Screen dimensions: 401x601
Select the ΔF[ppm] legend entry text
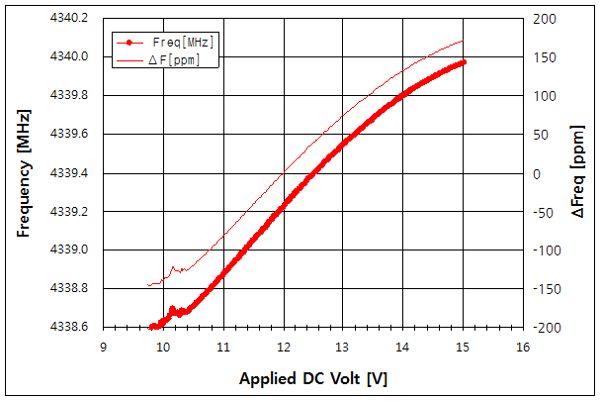181,59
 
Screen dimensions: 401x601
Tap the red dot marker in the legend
129,43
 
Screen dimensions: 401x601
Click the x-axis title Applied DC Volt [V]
312,380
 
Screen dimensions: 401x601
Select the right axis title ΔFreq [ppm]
578,173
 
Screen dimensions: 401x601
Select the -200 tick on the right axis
546,327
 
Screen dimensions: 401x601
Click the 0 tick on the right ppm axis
538,173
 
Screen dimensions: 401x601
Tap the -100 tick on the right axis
546,251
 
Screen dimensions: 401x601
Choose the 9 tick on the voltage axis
103,347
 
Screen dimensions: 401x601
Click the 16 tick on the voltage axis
523,347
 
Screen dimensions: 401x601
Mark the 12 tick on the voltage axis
283,347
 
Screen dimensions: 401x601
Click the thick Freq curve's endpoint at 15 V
463,61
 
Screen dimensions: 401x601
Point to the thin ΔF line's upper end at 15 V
463,41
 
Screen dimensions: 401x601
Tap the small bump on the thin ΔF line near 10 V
173,267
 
